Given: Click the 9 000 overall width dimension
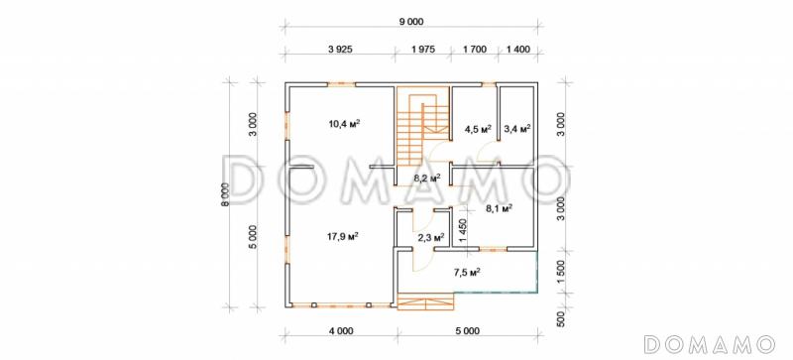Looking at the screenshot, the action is pos(410,21).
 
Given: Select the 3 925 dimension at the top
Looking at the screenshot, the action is pos(339,50).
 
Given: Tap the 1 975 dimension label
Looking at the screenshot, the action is pos(423,50).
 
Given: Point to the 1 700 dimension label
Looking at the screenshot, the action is pos(475,50).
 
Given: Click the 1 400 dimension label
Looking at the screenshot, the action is pos(517,50).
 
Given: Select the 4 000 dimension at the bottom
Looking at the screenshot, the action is pos(341,331).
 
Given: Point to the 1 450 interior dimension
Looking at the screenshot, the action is pos(461,230).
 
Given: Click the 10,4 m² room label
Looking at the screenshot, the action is pos(346,124).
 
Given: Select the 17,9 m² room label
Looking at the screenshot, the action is pos(345,236).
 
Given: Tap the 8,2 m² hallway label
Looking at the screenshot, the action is pos(427,178).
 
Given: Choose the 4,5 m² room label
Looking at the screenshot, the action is pos(478,129).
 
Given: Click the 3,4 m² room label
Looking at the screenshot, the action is pos(516,129).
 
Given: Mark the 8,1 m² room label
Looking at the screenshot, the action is pos(500,207).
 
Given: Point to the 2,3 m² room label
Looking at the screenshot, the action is pos(431,236).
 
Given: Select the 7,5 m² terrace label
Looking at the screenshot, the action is pos(467,273).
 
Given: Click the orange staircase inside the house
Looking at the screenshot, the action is pos(423,126).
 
